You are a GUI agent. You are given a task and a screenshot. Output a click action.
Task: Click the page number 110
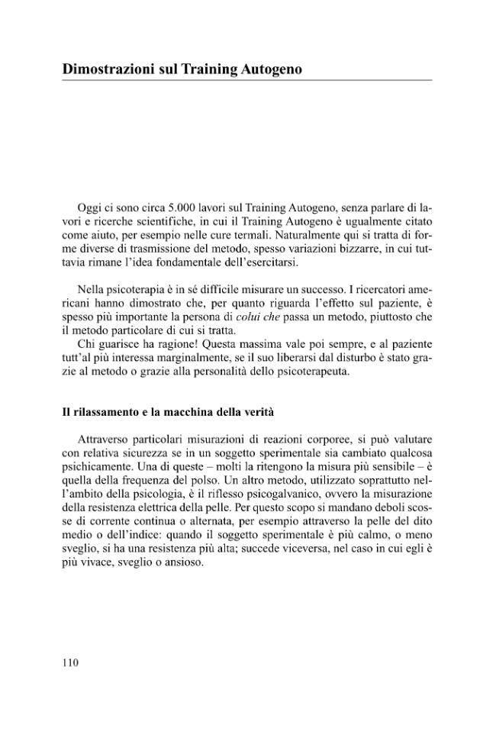(70, 662)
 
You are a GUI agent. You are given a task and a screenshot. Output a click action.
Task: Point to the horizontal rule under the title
(246, 80)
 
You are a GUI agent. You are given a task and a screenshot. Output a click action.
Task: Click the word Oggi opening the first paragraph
(91, 207)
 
